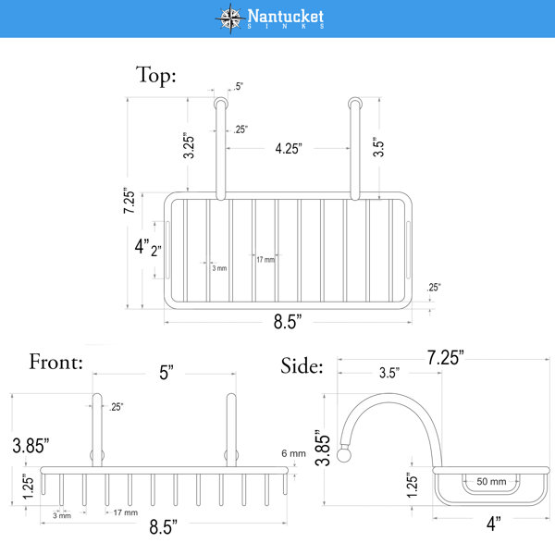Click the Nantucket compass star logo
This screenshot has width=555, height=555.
[x=230, y=18]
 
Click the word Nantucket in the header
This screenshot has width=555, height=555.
[x=285, y=16]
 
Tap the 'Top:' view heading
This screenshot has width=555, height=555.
[x=155, y=76]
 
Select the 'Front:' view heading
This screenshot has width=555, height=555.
[x=55, y=362]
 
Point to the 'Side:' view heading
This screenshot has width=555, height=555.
[x=302, y=365]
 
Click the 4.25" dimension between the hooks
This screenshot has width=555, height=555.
[x=289, y=148]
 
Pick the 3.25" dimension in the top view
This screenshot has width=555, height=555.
[x=189, y=145]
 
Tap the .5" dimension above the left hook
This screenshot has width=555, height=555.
[x=239, y=86]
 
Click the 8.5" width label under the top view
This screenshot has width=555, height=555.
[x=288, y=322]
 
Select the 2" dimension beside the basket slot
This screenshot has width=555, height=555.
[x=156, y=251]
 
